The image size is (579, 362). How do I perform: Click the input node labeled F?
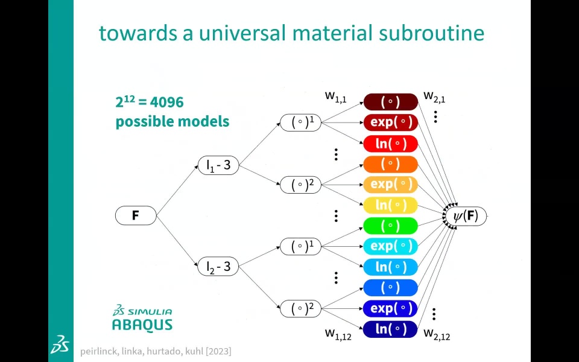pyautogui.click(x=136, y=215)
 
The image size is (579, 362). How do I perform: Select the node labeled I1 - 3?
pyautogui.click(x=218, y=165)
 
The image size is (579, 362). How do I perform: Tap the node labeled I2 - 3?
pyautogui.click(x=218, y=266)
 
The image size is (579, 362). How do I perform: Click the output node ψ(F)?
pyautogui.click(x=466, y=215)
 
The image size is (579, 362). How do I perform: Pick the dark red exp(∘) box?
pyautogui.click(x=390, y=122)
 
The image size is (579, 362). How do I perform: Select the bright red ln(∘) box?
pyautogui.click(x=390, y=144)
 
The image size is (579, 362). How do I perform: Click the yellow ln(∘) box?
pyautogui.click(x=390, y=205)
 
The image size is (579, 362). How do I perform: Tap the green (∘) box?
pyautogui.click(x=390, y=226)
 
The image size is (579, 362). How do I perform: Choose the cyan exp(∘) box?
pyautogui.click(x=390, y=246)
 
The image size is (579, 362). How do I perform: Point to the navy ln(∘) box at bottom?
pyautogui.click(x=390, y=329)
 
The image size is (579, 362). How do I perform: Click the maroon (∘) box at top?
pyautogui.click(x=390, y=102)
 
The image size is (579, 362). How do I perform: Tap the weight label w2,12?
pyautogui.click(x=437, y=333)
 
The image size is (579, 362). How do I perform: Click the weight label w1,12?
pyautogui.click(x=338, y=333)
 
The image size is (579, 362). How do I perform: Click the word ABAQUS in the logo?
pyautogui.click(x=142, y=325)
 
